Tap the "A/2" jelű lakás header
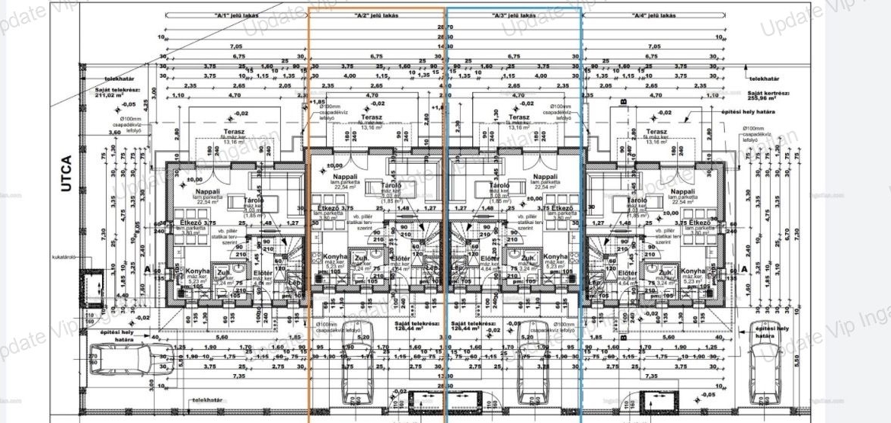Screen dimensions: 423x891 pyautogui.click(x=376, y=14)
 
